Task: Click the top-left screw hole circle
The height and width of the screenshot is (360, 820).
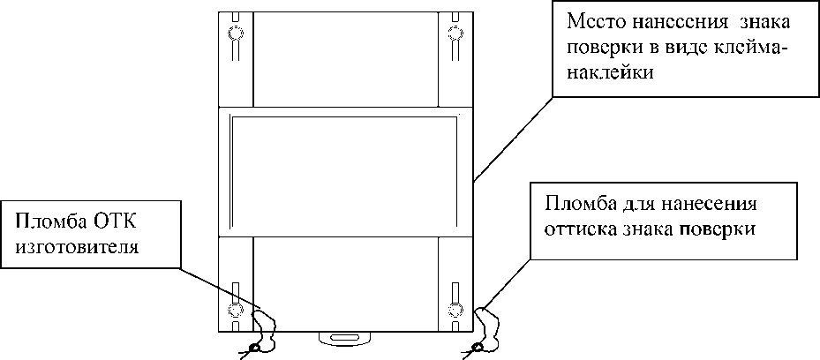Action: [236, 34]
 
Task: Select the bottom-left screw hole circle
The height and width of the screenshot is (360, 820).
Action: [236, 310]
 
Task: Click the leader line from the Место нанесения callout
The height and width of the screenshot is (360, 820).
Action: [512, 137]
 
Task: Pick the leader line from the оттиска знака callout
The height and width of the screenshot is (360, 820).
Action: [508, 281]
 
